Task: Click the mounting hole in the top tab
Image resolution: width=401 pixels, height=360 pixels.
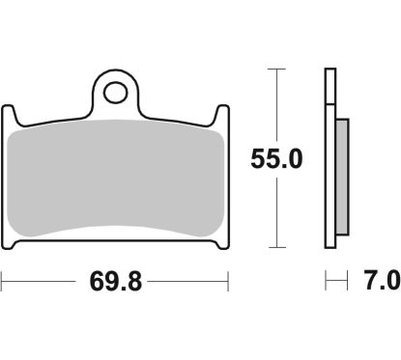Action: (116, 94)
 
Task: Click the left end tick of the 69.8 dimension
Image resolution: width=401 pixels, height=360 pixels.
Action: (3, 283)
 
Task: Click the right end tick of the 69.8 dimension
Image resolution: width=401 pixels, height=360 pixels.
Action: (228, 283)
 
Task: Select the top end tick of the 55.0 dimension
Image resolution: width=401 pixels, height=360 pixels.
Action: (277, 70)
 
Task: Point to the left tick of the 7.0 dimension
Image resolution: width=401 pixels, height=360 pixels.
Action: (327, 283)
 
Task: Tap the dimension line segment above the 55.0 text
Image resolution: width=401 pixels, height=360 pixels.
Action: (277, 106)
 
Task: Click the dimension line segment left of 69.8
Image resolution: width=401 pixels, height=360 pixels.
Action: (39, 283)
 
